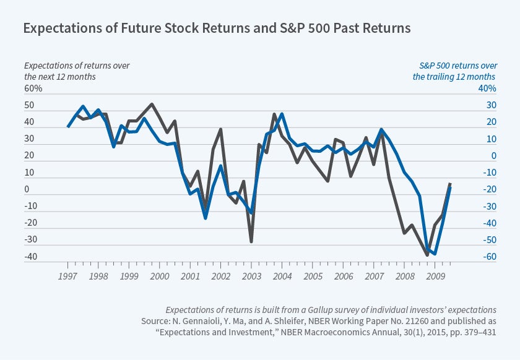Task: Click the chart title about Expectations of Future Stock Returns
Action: [x=217, y=28]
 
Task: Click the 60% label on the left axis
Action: [x=33, y=88]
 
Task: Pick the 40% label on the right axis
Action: [x=487, y=88]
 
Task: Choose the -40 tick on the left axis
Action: [x=31, y=257]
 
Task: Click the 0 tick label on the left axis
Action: [x=26, y=189]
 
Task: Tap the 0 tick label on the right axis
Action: [x=493, y=156]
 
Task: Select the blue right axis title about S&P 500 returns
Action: [x=454, y=71]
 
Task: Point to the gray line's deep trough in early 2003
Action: [x=251, y=241]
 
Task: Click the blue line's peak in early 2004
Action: [x=282, y=114]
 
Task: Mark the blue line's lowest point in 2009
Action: [x=435, y=254]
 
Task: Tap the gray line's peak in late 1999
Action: [x=152, y=104]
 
